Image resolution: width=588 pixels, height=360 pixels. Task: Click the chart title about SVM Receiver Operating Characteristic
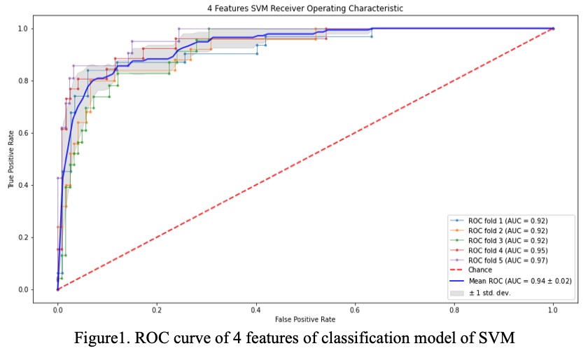tap(294, 8)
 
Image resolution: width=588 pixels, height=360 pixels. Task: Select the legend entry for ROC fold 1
tap(507, 221)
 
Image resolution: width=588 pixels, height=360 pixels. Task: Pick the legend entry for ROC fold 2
tap(507, 230)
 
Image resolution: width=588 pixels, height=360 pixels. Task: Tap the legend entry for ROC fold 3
tap(507, 240)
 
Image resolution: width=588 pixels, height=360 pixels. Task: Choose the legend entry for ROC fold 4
tap(507, 250)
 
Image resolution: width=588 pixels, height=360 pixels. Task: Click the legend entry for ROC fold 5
tap(507, 260)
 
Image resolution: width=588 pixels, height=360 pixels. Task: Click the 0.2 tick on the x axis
tap(157, 307)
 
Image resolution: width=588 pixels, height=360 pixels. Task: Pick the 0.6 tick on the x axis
tap(355, 307)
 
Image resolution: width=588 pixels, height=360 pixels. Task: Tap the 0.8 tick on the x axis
tap(454, 307)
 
